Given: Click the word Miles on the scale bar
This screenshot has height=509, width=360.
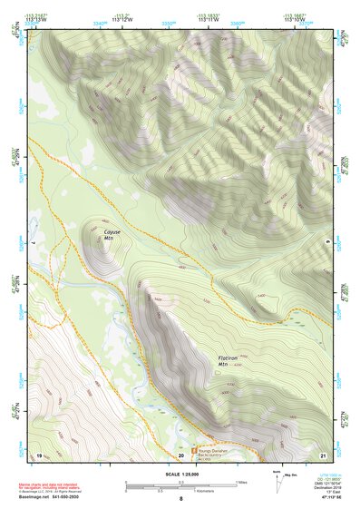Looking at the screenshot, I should point(241,482).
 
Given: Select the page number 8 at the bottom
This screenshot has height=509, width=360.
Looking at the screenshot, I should point(180,500).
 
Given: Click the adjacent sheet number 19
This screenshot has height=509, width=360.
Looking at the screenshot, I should point(39,455).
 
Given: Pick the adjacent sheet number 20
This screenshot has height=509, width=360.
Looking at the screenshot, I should point(181,455).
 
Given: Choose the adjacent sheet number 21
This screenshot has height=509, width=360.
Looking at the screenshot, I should point(323,455).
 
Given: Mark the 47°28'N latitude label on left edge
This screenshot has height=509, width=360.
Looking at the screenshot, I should point(15,283).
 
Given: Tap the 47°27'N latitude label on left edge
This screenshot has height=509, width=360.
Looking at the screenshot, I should point(15,413).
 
